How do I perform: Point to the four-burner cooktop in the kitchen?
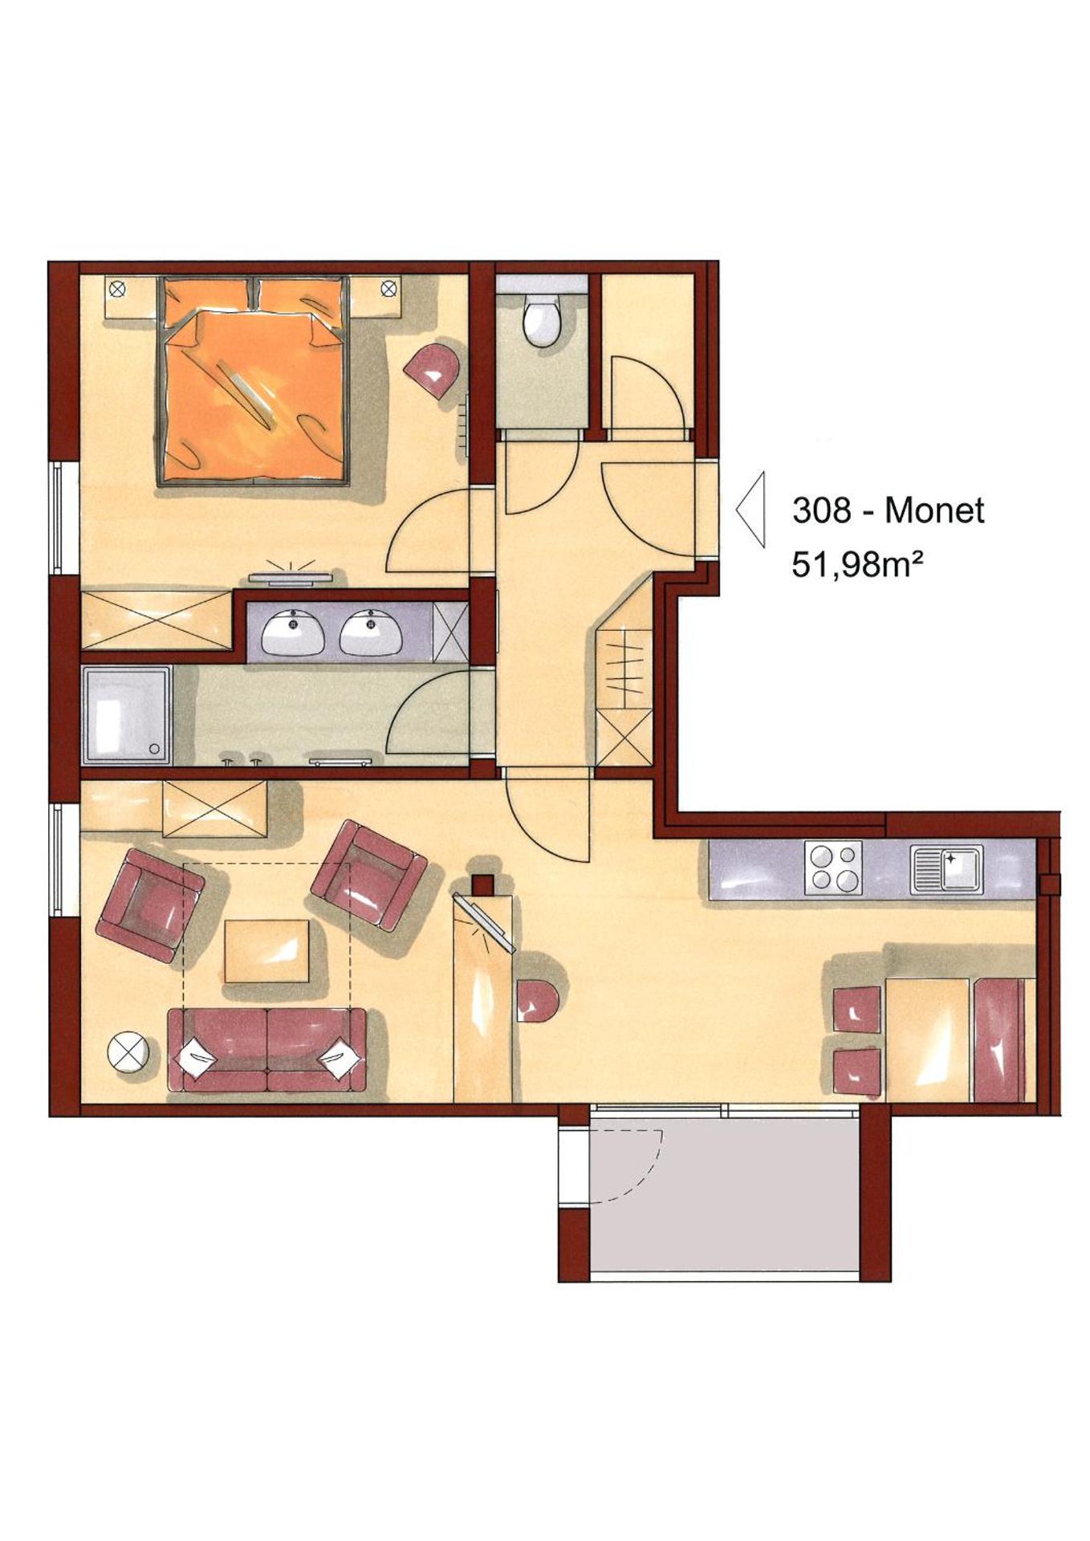(x=834, y=867)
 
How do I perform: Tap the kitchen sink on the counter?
(x=946, y=868)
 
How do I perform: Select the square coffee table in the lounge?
(x=267, y=951)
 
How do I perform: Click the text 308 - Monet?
(x=888, y=510)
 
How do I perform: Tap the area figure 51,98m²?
(x=856, y=565)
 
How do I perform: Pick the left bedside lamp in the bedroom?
(x=118, y=287)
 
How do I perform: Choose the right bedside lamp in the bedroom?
(x=388, y=287)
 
